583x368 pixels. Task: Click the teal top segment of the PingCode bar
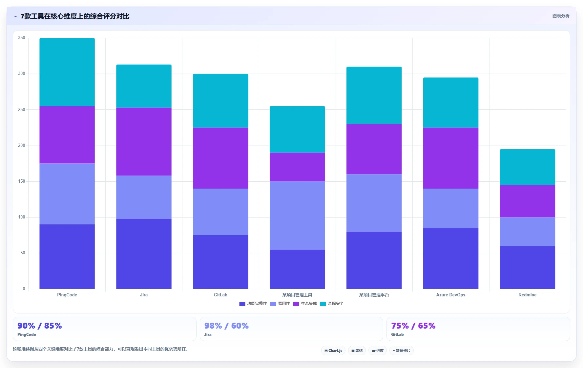(x=67, y=72)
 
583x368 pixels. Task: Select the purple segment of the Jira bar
(x=144, y=142)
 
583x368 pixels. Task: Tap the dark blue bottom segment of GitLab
(x=220, y=262)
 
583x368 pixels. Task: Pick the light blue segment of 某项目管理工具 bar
(x=297, y=216)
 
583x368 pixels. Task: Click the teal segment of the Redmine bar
(x=528, y=167)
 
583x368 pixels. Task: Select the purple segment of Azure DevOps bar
(x=451, y=158)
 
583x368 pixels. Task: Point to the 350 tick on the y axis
(x=22, y=38)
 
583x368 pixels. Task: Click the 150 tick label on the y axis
(x=22, y=181)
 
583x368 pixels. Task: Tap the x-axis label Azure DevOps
(x=451, y=295)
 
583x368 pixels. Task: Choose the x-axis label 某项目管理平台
(x=374, y=295)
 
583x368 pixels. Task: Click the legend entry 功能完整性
(x=253, y=304)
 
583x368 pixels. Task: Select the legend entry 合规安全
(x=332, y=304)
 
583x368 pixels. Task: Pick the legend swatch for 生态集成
(x=296, y=304)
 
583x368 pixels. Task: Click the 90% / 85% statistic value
(x=40, y=326)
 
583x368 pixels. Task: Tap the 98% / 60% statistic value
(x=226, y=326)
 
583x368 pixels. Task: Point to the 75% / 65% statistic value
(x=413, y=326)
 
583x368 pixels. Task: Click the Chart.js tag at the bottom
(x=333, y=351)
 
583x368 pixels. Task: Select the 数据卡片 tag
(x=402, y=351)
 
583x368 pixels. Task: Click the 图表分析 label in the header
(x=561, y=16)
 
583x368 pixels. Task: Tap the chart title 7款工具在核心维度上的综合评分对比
(x=75, y=16)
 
